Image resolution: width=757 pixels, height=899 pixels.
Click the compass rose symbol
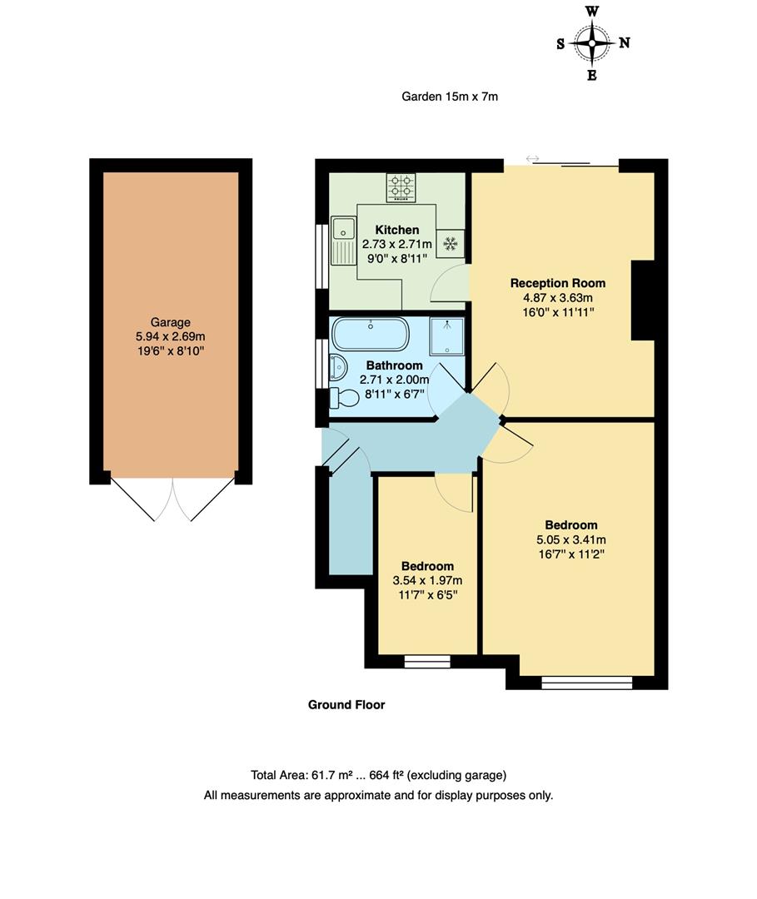pos(592,43)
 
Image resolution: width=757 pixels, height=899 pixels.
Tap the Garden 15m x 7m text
pos(450,97)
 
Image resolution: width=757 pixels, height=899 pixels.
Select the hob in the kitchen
pos(401,187)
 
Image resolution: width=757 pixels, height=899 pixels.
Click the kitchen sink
pos(341,238)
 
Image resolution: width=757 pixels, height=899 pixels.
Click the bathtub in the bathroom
pos(371,335)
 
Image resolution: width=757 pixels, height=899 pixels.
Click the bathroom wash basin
pos(336,366)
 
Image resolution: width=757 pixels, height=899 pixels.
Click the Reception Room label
pos(557,283)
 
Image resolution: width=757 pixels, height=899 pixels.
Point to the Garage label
pos(170,322)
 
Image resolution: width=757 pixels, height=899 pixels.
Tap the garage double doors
pos(172,499)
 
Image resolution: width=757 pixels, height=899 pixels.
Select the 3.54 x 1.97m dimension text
pos(427,580)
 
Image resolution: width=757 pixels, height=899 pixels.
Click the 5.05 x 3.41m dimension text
pos(570,539)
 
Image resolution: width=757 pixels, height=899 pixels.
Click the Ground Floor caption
pos(346,705)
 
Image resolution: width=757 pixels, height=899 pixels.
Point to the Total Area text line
pos(378,775)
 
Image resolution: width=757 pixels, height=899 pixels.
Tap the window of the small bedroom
pos(426,662)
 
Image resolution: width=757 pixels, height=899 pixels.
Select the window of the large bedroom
pos(586,683)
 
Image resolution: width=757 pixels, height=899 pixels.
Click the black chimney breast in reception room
pos(645,300)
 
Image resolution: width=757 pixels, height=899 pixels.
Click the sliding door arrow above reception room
pos(533,158)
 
